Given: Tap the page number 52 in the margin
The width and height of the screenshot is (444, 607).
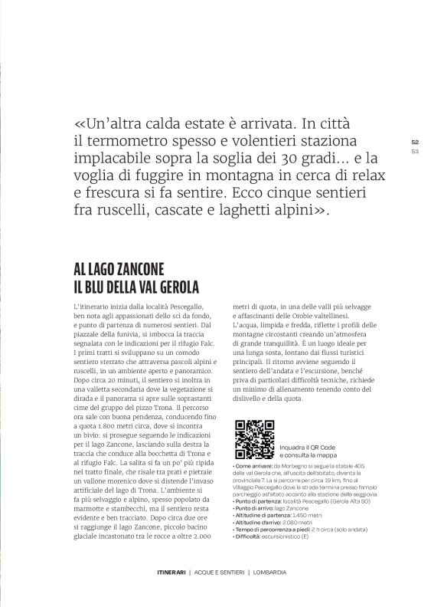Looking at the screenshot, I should click(415, 143).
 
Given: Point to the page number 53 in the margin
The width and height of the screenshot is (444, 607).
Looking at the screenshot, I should click(415, 151).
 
